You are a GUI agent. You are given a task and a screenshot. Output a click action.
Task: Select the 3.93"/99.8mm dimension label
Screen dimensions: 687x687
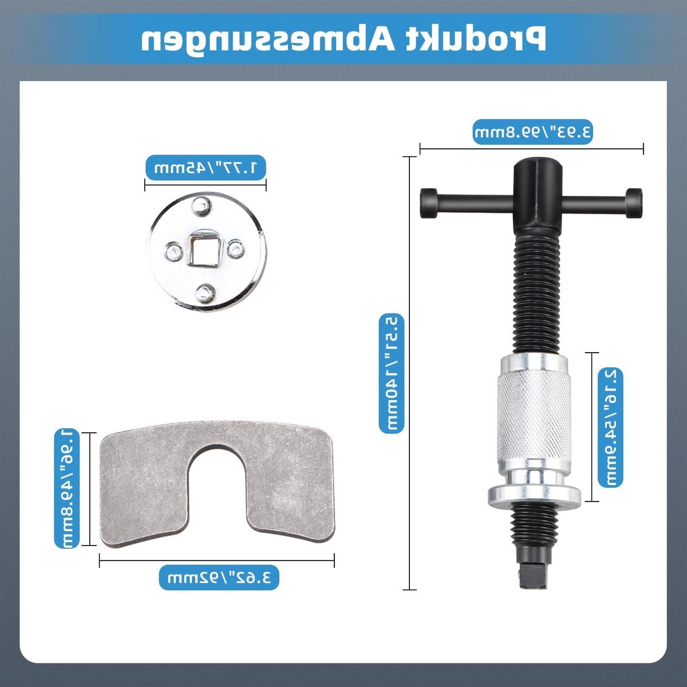(532, 132)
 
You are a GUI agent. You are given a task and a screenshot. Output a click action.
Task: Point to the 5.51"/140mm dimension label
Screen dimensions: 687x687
(392, 373)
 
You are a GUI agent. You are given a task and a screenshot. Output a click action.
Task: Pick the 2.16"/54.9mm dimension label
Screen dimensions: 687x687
(610, 428)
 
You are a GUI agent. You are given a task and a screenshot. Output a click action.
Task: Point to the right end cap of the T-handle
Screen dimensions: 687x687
(634, 203)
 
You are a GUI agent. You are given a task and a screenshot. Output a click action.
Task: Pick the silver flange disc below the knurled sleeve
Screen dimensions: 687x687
(534, 496)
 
